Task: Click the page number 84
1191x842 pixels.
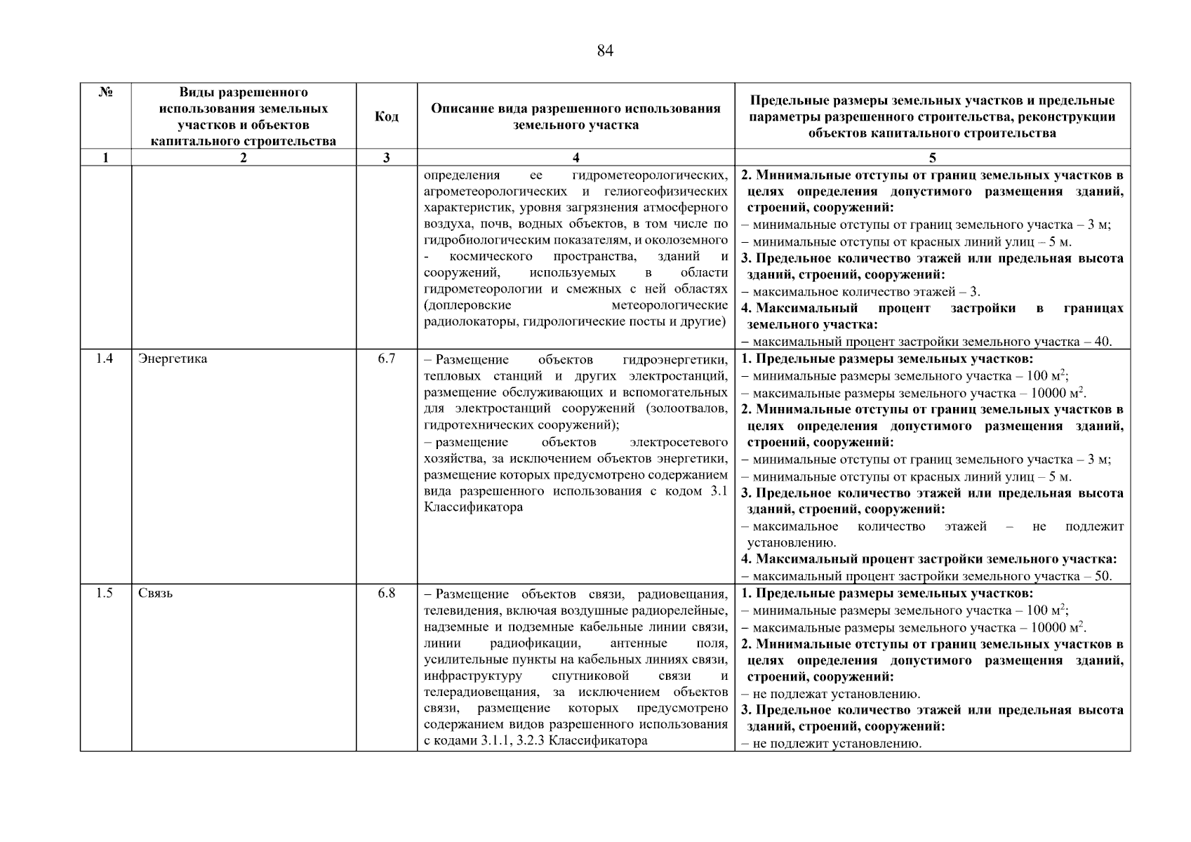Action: [x=604, y=51]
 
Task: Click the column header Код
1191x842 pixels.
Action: [x=386, y=116]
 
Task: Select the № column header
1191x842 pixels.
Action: [x=105, y=93]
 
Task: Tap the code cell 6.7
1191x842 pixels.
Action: [x=386, y=359]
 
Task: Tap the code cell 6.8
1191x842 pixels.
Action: [x=386, y=594]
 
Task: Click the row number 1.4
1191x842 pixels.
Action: [x=105, y=359]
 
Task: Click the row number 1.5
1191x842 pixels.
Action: [x=105, y=594]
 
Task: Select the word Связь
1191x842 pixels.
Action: [x=156, y=594]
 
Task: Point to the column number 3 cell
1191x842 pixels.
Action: [x=386, y=158]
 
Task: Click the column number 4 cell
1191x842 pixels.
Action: [x=575, y=158]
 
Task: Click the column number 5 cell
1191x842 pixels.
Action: [x=932, y=158]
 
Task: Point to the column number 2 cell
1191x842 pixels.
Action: [x=243, y=158]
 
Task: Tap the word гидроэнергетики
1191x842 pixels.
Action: [x=674, y=360]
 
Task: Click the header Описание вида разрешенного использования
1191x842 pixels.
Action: [x=575, y=109]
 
